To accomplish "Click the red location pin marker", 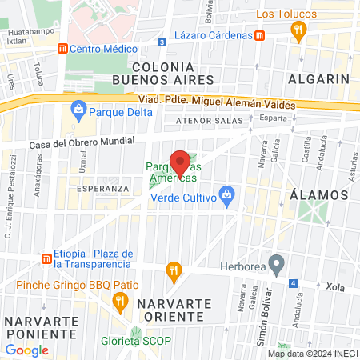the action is [x=181, y=162].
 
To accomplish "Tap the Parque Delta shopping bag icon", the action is [x=78, y=109].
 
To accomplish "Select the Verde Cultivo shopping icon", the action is [x=227, y=194].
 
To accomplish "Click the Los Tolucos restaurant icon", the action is [x=298, y=31].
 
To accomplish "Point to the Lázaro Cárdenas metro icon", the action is [x=260, y=35].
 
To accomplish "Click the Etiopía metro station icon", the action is [x=46, y=258].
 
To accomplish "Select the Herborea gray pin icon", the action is [x=277, y=262].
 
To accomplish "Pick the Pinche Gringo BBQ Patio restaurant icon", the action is [x=121, y=302].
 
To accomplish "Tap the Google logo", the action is [x=26, y=350].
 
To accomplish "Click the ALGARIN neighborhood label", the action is [x=319, y=79].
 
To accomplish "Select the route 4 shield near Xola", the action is [x=294, y=283].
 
